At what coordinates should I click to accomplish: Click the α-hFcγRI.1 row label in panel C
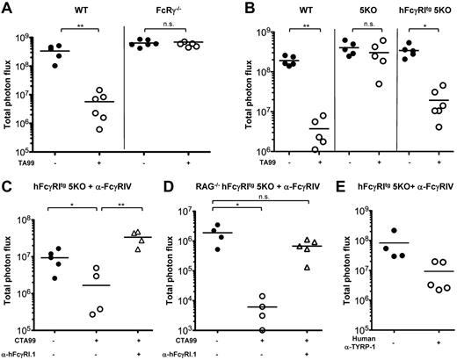(21, 354)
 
